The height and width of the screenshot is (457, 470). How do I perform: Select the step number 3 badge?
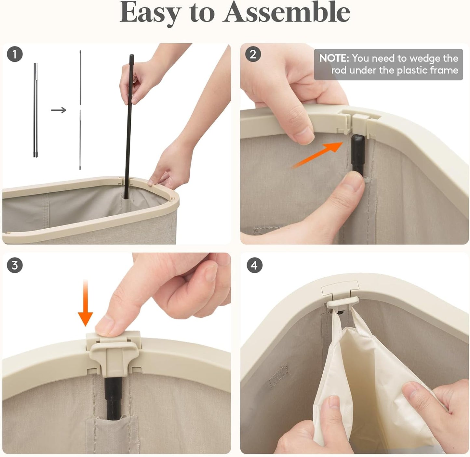click(x=15, y=265)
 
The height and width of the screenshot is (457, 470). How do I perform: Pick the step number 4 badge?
click(x=254, y=265)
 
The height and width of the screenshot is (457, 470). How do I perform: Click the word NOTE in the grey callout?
click(x=334, y=58)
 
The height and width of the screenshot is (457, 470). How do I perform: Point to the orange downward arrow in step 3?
click(x=85, y=303)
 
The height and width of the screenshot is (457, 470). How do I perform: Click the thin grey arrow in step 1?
click(x=59, y=110)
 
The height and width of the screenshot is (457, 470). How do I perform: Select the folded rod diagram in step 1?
click(x=35, y=110)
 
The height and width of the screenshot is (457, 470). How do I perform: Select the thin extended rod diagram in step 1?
click(x=80, y=110)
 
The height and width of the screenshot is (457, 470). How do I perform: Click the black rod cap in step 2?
click(x=358, y=155)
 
